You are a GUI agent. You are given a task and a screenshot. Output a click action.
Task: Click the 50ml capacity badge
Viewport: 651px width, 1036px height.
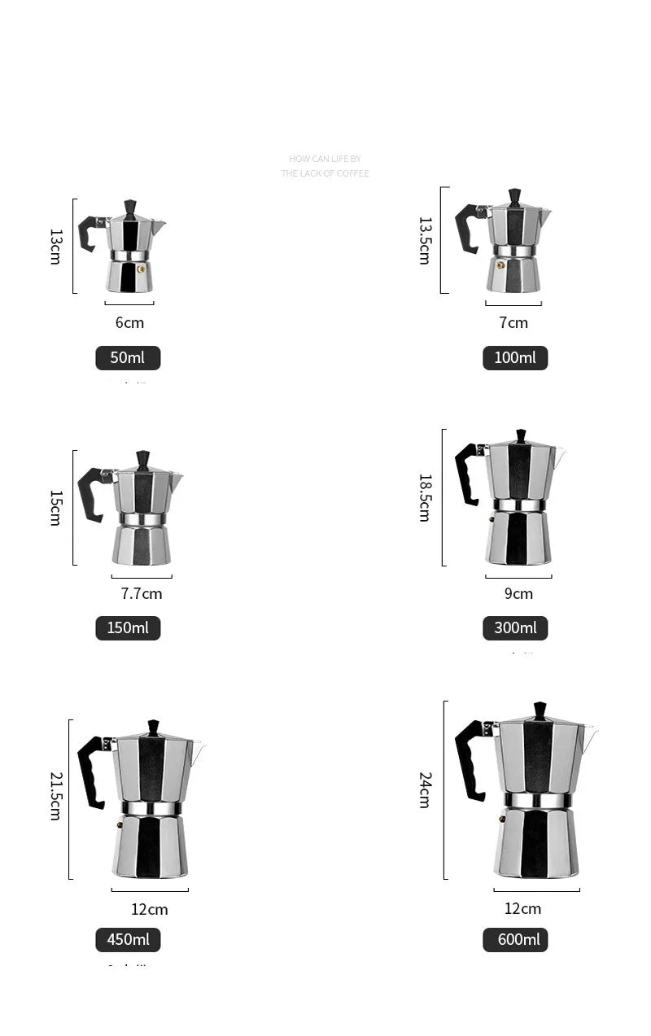coord(128,358)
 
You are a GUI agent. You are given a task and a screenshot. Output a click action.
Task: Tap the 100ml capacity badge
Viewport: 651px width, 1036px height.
coord(515,358)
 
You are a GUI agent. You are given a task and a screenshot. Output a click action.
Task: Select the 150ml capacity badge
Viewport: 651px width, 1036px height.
coord(128,628)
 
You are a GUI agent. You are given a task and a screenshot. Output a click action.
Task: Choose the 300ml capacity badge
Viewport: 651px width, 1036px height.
coord(515,628)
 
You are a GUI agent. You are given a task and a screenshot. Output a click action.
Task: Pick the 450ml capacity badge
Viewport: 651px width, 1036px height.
coord(128,940)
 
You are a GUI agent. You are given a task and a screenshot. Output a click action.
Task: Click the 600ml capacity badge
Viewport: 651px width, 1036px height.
coord(515,940)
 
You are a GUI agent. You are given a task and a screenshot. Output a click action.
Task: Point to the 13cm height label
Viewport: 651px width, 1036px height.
coord(56,246)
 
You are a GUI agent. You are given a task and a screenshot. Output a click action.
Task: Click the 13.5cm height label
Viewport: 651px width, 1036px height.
coord(425,240)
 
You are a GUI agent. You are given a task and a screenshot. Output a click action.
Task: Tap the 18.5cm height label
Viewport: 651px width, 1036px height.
coord(425,497)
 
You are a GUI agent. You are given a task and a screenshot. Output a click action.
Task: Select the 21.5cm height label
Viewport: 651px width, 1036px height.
coord(56,796)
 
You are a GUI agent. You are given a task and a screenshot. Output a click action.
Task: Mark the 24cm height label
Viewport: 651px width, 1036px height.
coord(425,789)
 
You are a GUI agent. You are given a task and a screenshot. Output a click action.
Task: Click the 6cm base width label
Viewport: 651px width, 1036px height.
coord(129,323)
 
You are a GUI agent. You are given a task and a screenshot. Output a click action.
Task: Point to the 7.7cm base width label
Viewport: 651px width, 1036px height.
coord(142,594)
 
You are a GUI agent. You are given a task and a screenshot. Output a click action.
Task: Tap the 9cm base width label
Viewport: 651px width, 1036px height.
coord(518,594)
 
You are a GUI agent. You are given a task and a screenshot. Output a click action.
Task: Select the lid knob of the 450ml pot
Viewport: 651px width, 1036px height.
coord(153,726)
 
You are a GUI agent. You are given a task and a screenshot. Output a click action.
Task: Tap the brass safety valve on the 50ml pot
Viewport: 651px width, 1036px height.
coord(142,267)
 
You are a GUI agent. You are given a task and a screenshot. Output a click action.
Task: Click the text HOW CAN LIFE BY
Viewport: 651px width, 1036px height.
coord(325,159)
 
